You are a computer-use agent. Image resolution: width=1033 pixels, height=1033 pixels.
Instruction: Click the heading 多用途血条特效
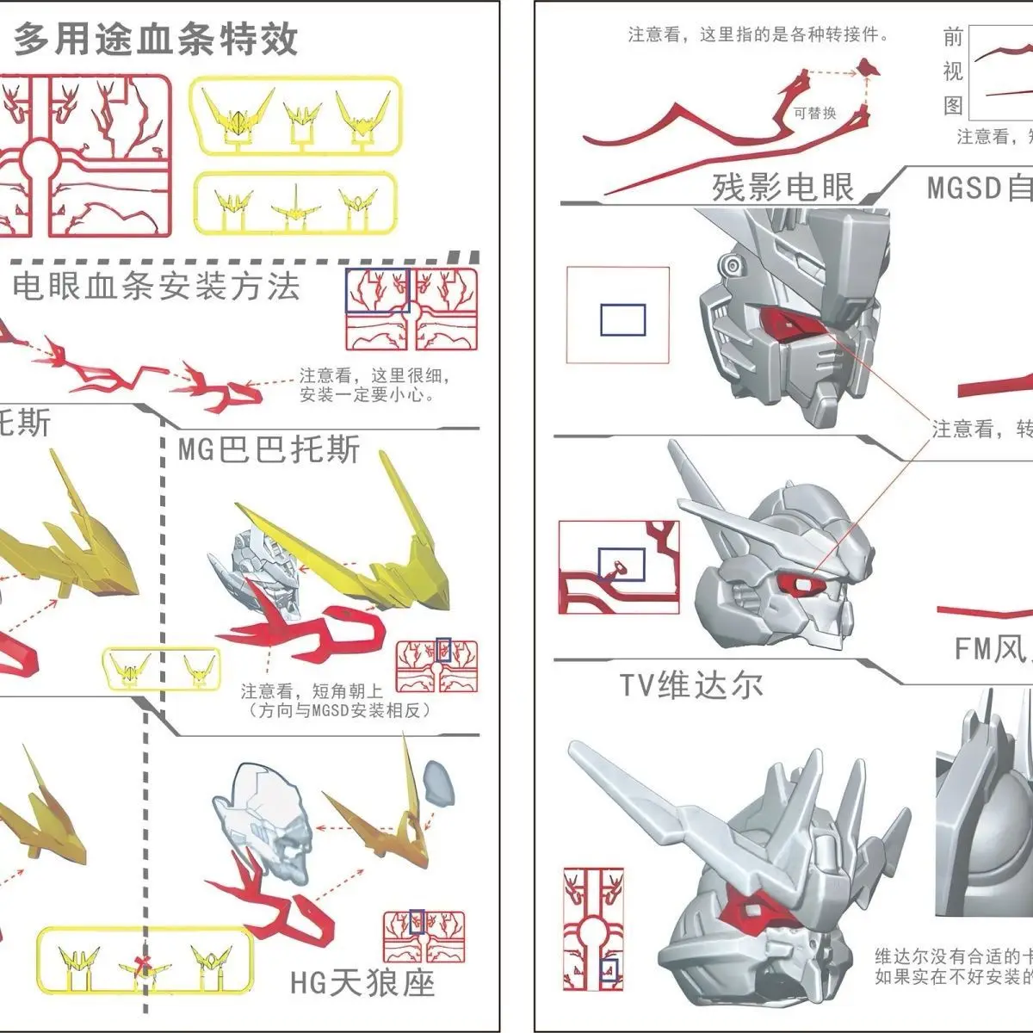tap(156, 39)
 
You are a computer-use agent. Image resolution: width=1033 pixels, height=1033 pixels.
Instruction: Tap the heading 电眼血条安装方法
tap(156, 286)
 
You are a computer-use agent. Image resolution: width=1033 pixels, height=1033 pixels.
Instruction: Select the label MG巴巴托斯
tap(269, 450)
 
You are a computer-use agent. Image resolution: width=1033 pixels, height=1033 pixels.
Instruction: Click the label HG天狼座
tap(362, 982)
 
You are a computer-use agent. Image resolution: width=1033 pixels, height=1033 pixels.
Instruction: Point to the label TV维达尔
tap(691, 685)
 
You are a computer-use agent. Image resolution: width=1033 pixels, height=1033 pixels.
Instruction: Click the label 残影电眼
tap(782, 187)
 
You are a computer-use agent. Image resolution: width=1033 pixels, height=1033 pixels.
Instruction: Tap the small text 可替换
tap(815, 113)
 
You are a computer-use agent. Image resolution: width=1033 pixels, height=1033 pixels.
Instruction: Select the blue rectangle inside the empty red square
tap(622, 319)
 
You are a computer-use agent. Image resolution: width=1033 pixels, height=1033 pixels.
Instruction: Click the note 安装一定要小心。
tap(368, 395)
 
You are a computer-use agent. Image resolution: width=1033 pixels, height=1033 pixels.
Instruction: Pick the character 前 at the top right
tap(952, 37)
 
